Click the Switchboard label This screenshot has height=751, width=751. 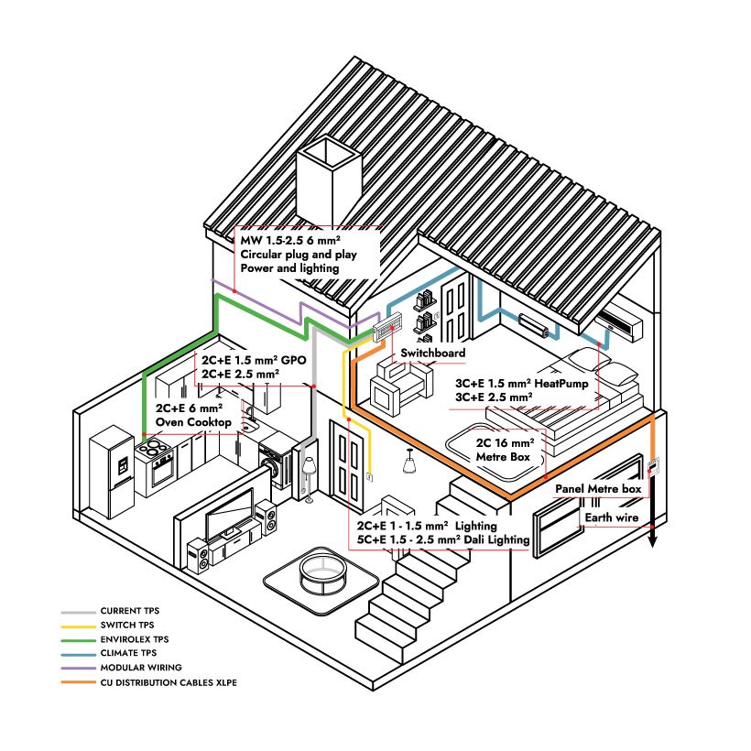click(x=432, y=353)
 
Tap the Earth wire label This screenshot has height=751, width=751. click(x=612, y=518)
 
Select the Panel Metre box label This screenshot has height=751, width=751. click(x=598, y=490)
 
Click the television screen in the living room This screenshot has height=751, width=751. click(x=229, y=514)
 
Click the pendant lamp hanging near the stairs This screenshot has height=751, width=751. click(x=409, y=463)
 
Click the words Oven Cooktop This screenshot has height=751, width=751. click(x=198, y=421)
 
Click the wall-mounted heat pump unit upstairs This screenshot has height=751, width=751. click(x=620, y=322)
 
